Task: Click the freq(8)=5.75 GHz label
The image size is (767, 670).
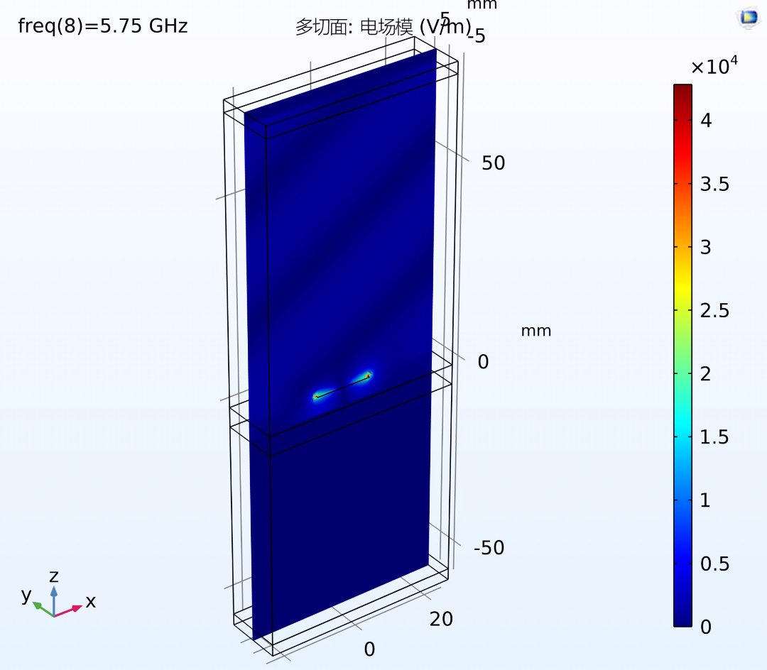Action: click(103, 26)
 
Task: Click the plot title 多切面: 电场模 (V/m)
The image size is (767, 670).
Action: click(383, 27)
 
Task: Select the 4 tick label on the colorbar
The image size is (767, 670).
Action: click(706, 121)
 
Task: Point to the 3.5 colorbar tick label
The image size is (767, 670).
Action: click(714, 185)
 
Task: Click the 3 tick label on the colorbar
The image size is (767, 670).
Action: click(705, 247)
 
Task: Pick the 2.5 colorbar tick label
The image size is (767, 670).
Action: click(714, 311)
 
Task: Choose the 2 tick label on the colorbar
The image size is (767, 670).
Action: click(705, 374)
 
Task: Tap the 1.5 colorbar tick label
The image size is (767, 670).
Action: click(714, 437)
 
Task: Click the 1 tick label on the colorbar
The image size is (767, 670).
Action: click(705, 500)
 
